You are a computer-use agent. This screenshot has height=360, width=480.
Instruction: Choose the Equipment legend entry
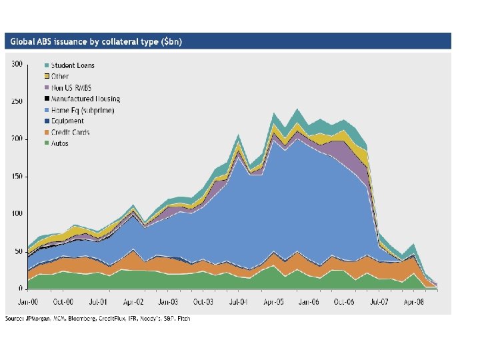coord(67,121)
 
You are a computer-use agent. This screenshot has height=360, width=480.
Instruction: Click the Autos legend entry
coord(61,143)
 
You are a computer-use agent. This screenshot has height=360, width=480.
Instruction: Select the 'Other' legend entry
coord(60,77)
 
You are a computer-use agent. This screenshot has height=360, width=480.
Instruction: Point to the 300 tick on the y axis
coord(17,64)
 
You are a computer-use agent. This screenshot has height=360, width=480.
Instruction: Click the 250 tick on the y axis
coord(17,101)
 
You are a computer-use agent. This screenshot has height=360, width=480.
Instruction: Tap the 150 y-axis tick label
coord(17,177)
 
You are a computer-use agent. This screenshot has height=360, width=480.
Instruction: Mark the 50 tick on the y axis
coord(19,251)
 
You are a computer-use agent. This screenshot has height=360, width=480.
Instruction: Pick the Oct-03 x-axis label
coord(204,301)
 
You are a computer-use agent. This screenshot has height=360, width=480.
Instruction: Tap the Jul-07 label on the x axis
coord(379,301)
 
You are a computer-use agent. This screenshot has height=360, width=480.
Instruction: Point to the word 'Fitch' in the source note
coord(183,319)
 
